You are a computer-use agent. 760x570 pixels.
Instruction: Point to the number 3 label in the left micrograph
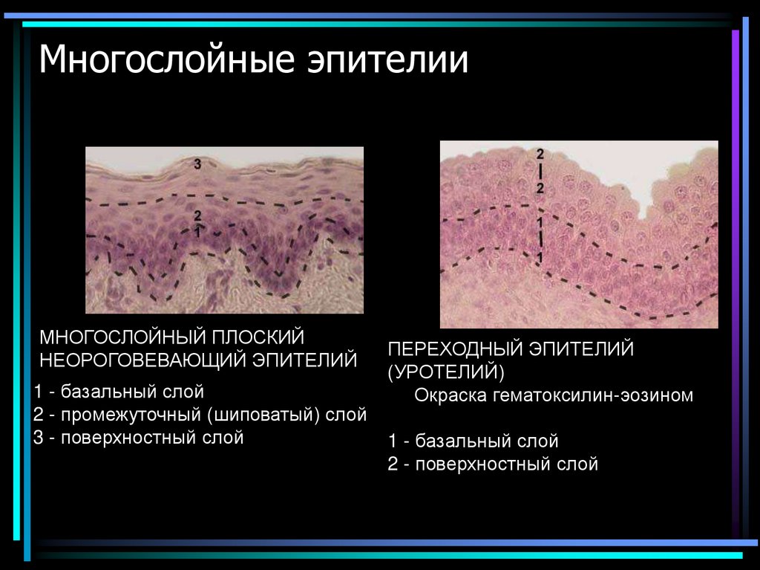[197, 164]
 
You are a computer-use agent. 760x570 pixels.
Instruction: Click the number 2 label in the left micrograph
[197, 216]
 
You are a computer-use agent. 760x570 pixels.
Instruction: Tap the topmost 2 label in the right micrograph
[540, 155]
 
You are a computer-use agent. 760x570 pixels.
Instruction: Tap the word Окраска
[448, 395]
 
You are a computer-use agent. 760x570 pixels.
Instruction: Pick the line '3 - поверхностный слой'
[139, 438]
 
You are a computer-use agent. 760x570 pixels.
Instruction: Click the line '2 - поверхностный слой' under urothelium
[493, 464]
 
